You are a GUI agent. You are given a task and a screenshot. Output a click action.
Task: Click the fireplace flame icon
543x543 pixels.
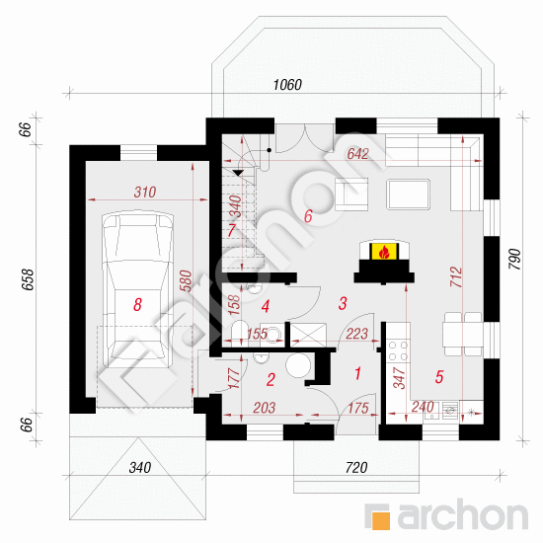click(384, 252)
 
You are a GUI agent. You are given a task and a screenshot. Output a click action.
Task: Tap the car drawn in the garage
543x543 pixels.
click(138, 290)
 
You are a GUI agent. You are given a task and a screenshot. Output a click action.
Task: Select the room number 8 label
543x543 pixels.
click(137, 305)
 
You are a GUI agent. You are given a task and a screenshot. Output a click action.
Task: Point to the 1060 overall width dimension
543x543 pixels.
click(287, 85)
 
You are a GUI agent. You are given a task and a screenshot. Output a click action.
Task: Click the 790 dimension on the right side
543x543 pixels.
click(515, 259)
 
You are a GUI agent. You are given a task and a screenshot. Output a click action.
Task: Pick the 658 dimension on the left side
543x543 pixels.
click(28, 279)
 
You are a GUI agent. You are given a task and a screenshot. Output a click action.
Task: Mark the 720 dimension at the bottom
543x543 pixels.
click(356, 468)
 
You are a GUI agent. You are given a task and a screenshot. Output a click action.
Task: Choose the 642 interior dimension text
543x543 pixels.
click(357, 154)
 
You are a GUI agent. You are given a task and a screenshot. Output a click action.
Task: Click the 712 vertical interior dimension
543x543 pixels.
click(456, 276)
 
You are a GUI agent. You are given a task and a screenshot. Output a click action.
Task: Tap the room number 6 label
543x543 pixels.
click(308, 216)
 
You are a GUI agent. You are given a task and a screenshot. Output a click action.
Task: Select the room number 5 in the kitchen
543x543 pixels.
click(439, 377)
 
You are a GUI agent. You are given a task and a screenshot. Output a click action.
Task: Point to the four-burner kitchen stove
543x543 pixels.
click(398, 350)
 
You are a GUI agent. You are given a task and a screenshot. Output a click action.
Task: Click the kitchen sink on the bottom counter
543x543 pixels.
click(450, 411)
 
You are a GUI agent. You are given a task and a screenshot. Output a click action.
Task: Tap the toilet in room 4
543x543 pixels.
click(239, 331)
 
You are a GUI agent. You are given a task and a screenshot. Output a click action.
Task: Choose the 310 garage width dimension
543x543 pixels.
click(145, 193)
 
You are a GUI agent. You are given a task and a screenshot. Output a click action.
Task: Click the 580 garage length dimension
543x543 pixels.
click(186, 280)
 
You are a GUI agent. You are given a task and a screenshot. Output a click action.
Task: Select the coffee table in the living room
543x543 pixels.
click(409, 194)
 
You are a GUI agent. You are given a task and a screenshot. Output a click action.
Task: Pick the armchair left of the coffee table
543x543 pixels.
click(351, 194)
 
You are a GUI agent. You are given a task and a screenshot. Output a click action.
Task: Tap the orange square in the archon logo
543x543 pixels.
click(381, 520)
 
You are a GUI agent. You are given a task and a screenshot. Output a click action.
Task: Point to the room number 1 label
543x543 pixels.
click(357, 373)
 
